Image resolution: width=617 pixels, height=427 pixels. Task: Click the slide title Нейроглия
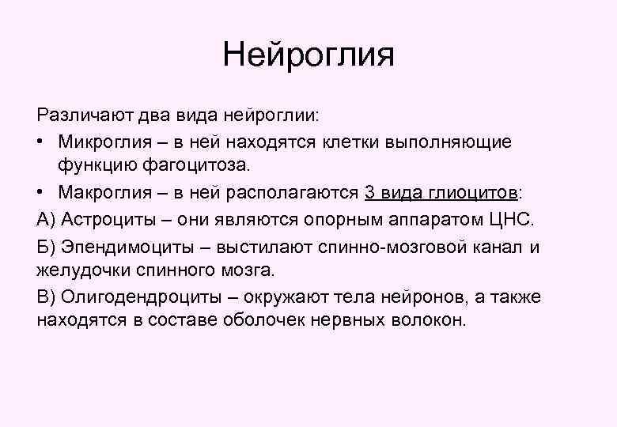(x=308, y=55)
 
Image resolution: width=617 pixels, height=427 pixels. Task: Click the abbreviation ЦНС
(x=515, y=218)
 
